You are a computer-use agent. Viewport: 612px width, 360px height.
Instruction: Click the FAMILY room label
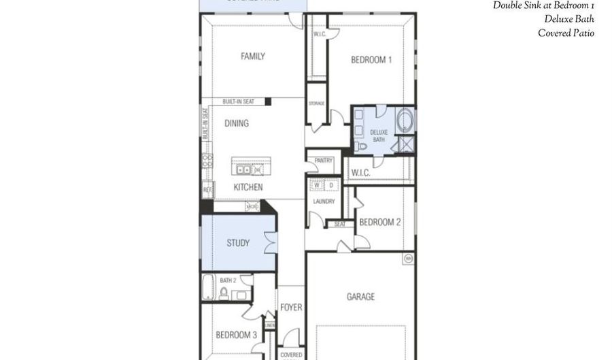tap(252, 56)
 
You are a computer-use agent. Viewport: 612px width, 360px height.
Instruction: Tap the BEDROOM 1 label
tap(371, 60)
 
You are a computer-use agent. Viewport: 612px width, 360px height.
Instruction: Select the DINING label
tap(237, 124)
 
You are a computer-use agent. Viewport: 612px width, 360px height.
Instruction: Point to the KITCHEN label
tap(248, 187)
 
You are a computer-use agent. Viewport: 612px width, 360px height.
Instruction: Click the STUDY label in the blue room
tap(237, 243)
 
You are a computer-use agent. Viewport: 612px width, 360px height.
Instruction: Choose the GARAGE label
tap(360, 297)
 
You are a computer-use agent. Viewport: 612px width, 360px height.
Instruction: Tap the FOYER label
tap(291, 308)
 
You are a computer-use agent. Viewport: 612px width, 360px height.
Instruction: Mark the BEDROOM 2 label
tap(379, 222)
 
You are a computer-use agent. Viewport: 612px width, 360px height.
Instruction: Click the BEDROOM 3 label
tap(236, 335)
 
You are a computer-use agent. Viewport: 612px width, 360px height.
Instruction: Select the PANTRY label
tap(324, 161)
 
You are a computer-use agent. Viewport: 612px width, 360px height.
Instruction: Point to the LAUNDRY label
tap(324, 201)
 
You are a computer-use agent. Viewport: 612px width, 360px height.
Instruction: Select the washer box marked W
tap(317, 185)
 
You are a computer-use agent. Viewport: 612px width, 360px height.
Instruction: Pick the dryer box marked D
tap(331, 185)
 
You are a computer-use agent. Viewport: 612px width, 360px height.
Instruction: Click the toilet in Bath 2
tap(223, 293)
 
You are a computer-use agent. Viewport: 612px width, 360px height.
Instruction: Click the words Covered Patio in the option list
tap(566, 33)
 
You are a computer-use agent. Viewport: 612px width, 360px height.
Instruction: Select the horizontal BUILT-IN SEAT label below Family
tap(238, 101)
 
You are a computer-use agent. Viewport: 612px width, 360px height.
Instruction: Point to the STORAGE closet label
tap(316, 103)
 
